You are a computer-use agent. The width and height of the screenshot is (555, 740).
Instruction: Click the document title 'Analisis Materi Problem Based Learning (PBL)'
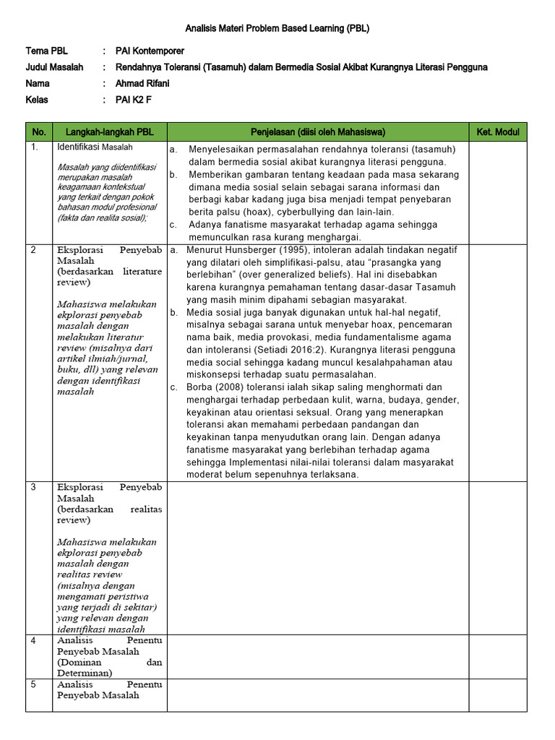click(277, 29)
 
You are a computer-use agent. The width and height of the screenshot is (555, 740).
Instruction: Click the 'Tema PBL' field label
click(46, 51)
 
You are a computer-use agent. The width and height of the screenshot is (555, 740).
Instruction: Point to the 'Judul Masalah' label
click(54, 67)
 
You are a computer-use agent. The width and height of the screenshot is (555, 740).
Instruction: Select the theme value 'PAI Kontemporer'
click(150, 51)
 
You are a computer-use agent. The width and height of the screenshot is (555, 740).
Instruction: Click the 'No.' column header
click(39, 132)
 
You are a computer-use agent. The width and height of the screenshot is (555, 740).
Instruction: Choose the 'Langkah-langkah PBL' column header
click(109, 132)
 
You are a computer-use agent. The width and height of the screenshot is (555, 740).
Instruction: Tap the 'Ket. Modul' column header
click(498, 132)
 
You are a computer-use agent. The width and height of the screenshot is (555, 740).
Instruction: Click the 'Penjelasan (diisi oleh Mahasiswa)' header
click(317, 132)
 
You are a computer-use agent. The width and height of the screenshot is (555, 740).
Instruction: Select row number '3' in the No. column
click(33, 487)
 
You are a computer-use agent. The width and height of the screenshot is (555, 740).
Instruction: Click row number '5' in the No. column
click(33, 684)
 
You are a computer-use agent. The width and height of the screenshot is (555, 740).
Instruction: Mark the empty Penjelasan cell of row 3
click(317, 557)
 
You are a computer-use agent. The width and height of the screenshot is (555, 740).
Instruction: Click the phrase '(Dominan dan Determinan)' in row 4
click(109, 667)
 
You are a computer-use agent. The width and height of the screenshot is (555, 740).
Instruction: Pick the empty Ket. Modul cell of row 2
click(498, 362)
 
